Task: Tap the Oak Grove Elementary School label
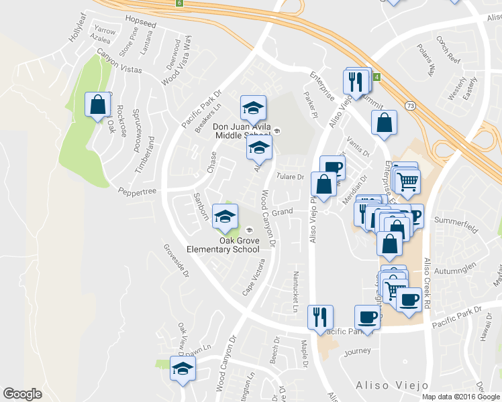(x=232, y=245)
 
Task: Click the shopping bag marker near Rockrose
(x=98, y=105)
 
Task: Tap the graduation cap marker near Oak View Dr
(x=182, y=369)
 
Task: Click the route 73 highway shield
(x=409, y=105)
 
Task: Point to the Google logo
(x=23, y=394)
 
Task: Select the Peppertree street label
(x=138, y=192)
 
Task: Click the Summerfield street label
(x=456, y=224)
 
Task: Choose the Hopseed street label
(x=141, y=23)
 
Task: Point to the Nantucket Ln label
(x=295, y=291)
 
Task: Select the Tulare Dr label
(x=291, y=176)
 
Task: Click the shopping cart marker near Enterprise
(x=407, y=180)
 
